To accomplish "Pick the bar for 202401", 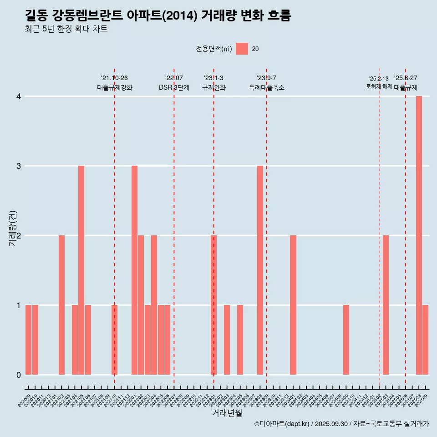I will click(x=293, y=305).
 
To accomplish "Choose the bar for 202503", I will click(x=386, y=305).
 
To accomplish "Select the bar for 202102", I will click(x=61, y=305).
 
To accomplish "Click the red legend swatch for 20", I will click(x=242, y=49).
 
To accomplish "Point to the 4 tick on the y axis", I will click(x=19, y=97).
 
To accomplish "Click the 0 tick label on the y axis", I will click(x=19, y=375).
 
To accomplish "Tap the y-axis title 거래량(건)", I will click(x=12, y=227).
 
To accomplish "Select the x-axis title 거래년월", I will click(x=227, y=413).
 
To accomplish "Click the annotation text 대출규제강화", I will click(x=114, y=87).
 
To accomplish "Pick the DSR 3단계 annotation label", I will click(x=174, y=87).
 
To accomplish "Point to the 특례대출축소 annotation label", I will click(x=266, y=87).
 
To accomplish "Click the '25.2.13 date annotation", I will click(x=379, y=79).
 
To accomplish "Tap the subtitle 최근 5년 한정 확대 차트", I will click(x=66, y=29).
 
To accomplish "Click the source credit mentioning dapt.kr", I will click(x=341, y=424).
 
